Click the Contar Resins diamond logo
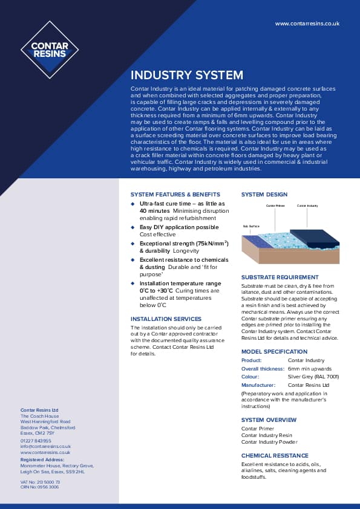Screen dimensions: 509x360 (x=50, y=50)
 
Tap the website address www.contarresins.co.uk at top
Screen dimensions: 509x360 (x=307, y=24)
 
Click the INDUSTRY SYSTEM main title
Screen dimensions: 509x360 (x=187, y=76)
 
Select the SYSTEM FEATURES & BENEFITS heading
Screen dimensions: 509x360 (x=175, y=195)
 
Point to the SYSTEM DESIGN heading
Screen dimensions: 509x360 (x=264, y=195)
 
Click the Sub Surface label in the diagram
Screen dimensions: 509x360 (x=250, y=227)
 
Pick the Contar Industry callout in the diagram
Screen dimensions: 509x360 (x=307, y=206)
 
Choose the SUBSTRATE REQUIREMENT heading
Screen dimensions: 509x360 (x=280, y=277)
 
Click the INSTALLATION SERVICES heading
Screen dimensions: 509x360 (x=166, y=319)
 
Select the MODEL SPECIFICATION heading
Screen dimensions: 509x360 (x=274, y=352)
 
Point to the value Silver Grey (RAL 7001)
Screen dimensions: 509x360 (x=313, y=376)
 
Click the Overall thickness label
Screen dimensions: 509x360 (x=263, y=368)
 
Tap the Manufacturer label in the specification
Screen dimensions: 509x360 (x=258, y=384)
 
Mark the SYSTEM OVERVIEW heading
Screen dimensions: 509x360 (x=269, y=420)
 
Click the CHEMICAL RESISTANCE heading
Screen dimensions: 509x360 (x=275, y=456)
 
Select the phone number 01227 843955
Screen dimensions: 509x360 (x=36, y=441)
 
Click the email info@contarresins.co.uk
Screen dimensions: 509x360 (x=45, y=447)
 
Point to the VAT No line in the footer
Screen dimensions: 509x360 (x=40, y=482)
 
